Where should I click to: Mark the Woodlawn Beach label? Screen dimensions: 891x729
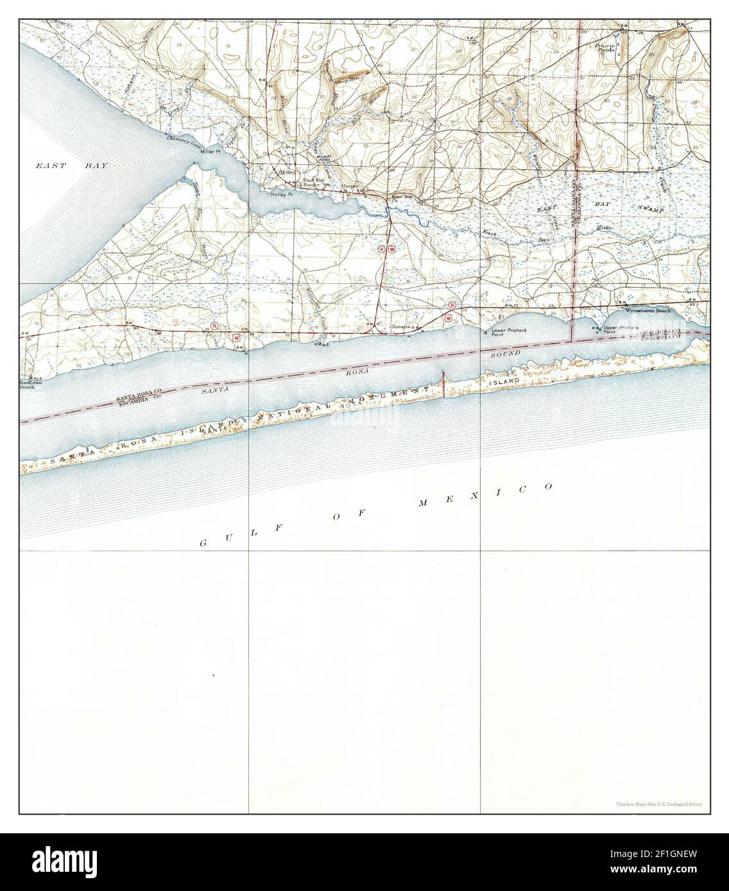coord(27,385)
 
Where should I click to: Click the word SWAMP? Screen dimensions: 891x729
coord(649,210)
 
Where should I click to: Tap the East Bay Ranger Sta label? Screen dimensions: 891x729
coord(314,183)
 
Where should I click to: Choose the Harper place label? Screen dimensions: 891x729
coord(349,186)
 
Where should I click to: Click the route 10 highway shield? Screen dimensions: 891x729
coord(452,305)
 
